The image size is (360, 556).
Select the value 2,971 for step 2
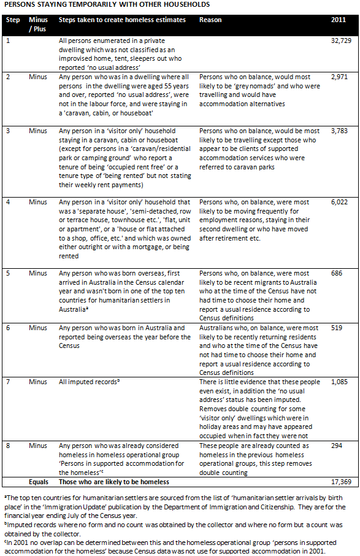pyautogui.click(x=339, y=77)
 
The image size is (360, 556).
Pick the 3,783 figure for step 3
pyautogui.click(x=339, y=131)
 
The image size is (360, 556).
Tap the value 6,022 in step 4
pyautogui.click(x=339, y=202)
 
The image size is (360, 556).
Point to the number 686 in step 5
pyautogui.click(x=336, y=272)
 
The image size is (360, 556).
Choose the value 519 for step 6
pyautogui.click(x=336, y=328)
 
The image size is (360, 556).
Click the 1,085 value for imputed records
pyautogui.click(x=339, y=382)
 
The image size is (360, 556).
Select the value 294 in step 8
pyautogui.click(x=336, y=446)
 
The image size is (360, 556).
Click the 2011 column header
pyautogui.click(x=338, y=20)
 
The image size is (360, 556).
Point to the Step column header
pyautogui.click(x=13, y=20)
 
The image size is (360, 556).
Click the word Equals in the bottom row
pyautogui.click(x=39, y=482)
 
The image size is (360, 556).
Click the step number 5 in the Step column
pyautogui.click(x=8, y=272)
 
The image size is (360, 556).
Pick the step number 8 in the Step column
pyautogui.click(x=8, y=446)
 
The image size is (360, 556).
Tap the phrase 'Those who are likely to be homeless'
pyautogui.click(x=114, y=482)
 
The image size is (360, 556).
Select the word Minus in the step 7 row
pyautogui.click(x=37, y=382)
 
